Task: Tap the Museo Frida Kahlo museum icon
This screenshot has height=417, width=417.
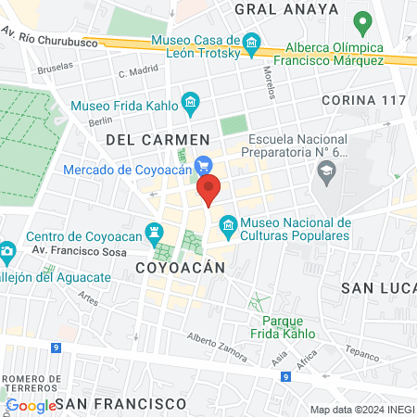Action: tap(190, 101)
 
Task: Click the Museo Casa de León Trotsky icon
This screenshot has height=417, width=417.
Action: tap(251, 42)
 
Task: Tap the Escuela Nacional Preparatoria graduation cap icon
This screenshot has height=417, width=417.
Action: tap(325, 170)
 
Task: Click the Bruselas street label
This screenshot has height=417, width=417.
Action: tap(55, 69)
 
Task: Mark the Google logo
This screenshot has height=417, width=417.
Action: tap(31, 405)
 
